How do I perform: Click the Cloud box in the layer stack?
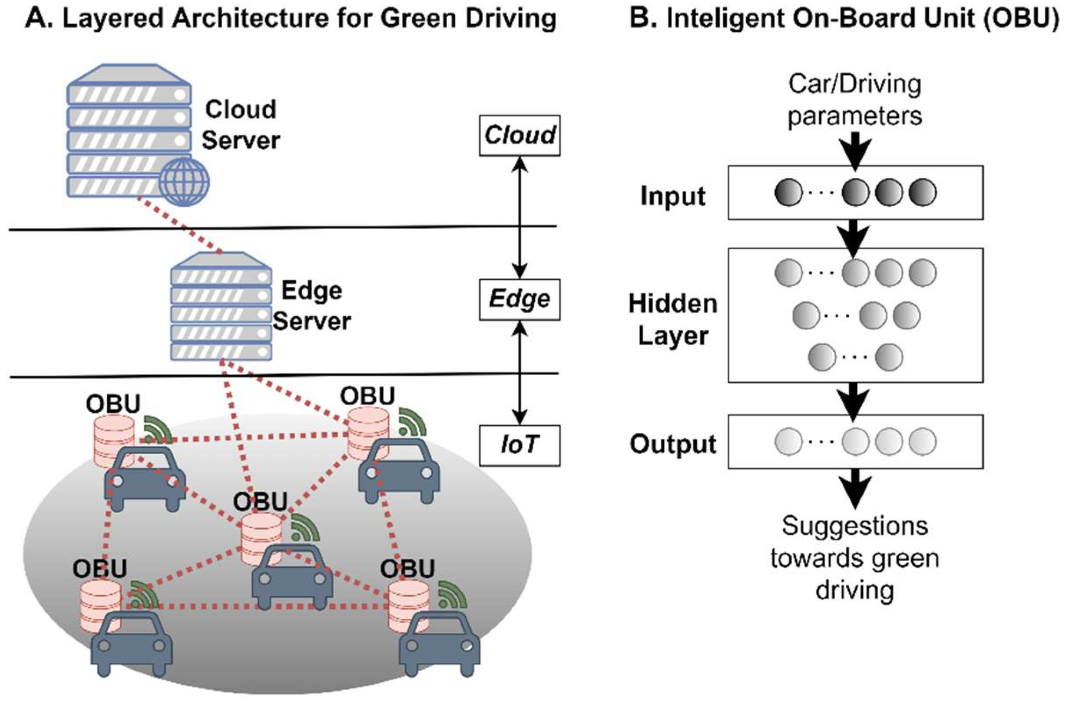pyautogui.click(x=519, y=135)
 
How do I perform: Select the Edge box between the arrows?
pyautogui.click(x=519, y=299)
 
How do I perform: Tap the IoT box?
pyautogui.click(x=519, y=445)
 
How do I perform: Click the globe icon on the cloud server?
pyautogui.click(x=184, y=182)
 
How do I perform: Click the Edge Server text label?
pyautogui.click(x=312, y=306)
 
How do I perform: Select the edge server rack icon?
pyautogui.click(x=221, y=307)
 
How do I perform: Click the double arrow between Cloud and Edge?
pyautogui.click(x=519, y=217)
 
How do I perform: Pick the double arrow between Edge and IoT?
pyautogui.click(x=519, y=372)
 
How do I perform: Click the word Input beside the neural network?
pyautogui.click(x=673, y=196)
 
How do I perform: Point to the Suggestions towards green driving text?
pyautogui.click(x=854, y=558)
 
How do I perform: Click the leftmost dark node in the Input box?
pyautogui.click(x=788, y=193)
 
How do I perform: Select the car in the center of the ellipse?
pyautogui.click(x=292, y=578)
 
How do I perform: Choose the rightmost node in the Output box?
pyautogui.click(x=922, y=442)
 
